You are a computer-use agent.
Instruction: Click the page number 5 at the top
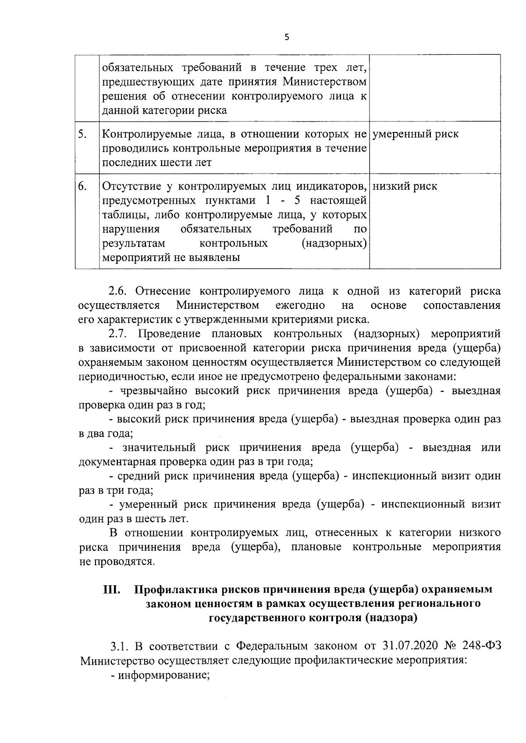coord(287,38)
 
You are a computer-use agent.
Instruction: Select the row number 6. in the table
coord(82,186)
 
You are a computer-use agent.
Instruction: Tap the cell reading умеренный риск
coord(416,134)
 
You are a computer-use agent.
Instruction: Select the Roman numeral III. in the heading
coord(113,590)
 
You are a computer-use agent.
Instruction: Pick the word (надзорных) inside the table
coord(334,243)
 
